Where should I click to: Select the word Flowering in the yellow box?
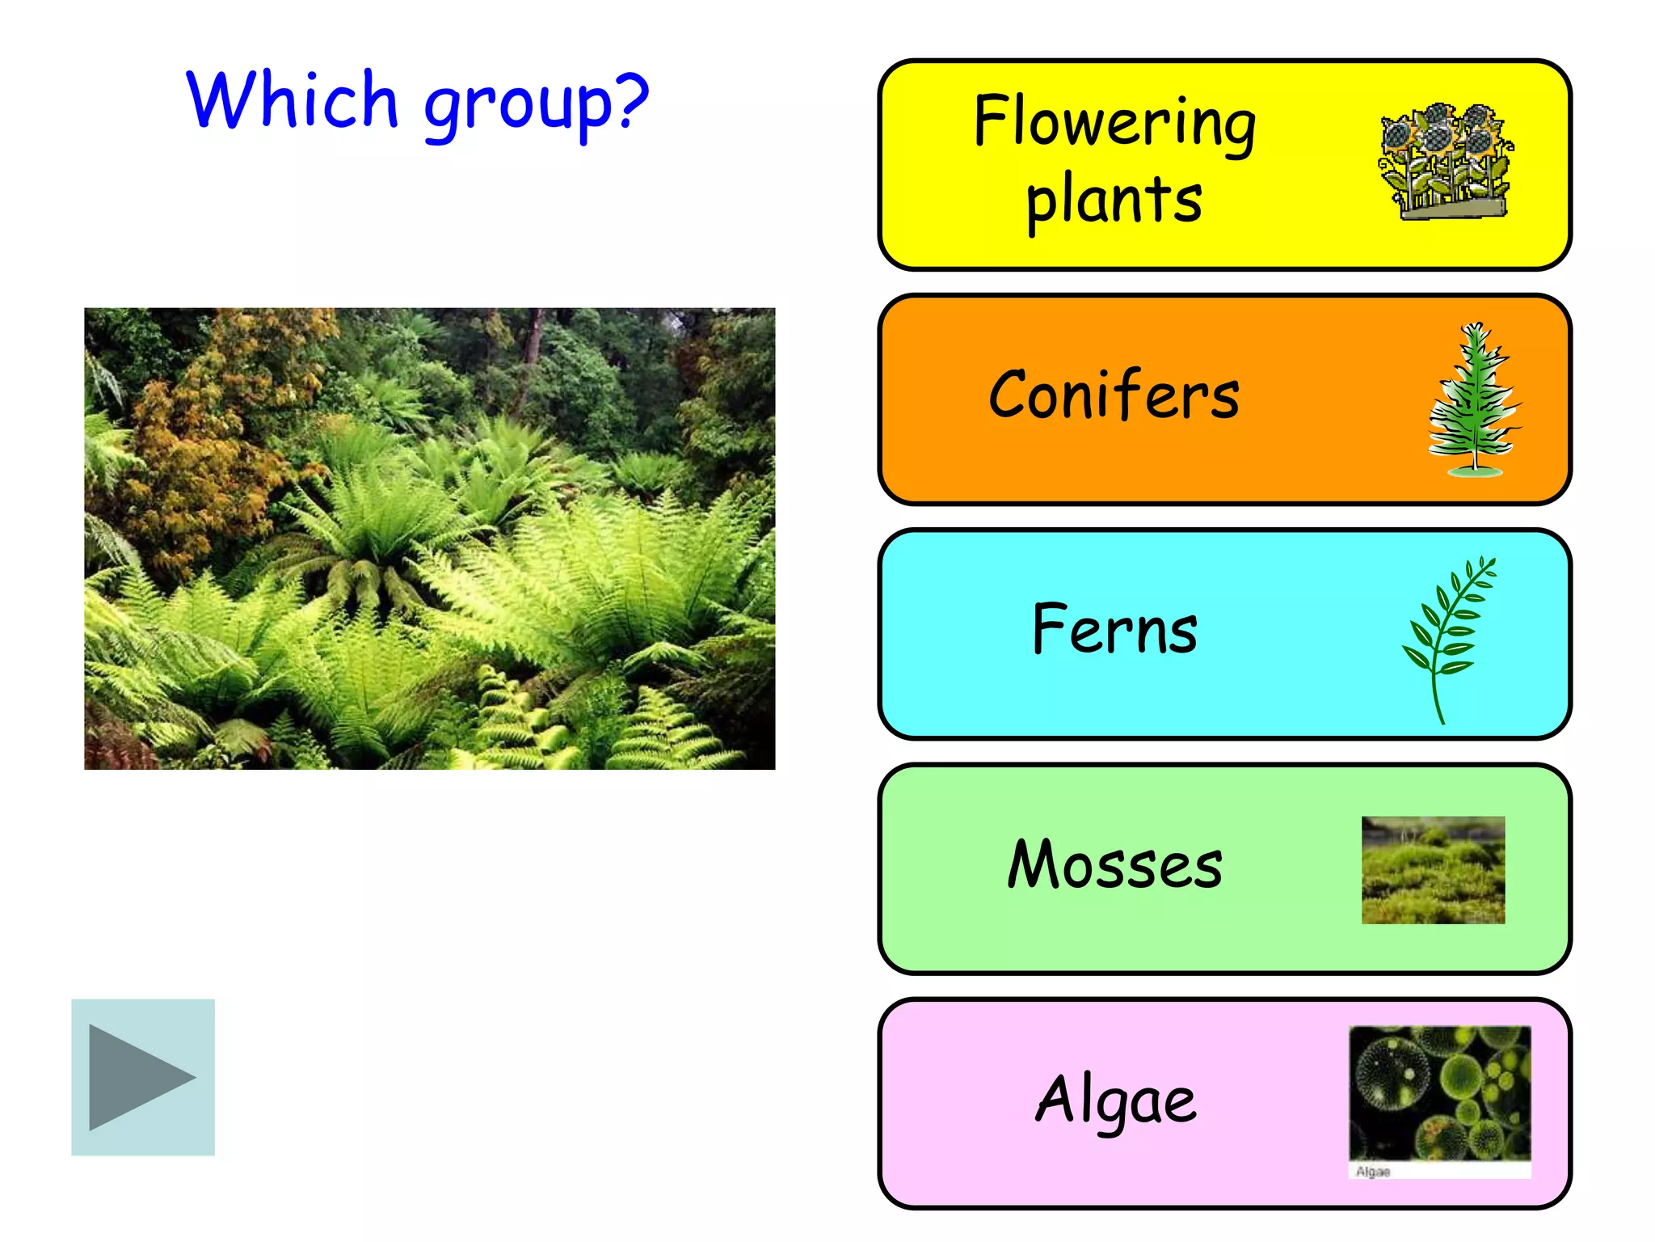1114,122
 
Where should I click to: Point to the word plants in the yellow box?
1114,200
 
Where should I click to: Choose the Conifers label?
1114,395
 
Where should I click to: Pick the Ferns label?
1114,630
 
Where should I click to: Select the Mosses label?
1114,864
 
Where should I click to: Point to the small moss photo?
1433,870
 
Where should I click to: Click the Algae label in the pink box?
1115,1100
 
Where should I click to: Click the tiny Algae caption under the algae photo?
1373,1172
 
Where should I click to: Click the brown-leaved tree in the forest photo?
202,437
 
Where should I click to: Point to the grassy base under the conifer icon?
1476,471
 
